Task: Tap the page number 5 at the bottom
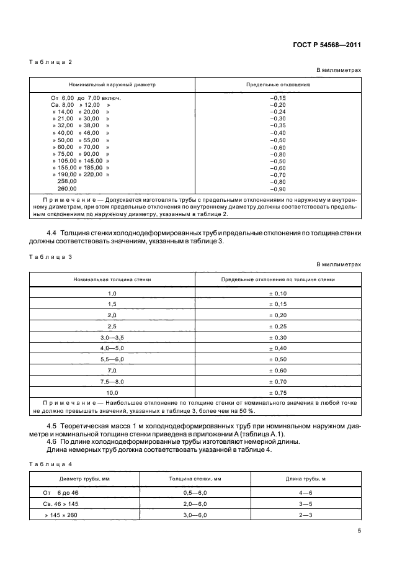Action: tap(359, 530)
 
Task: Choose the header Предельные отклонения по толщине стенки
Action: tap(278, 279)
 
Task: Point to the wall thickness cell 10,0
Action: tap(112, 393)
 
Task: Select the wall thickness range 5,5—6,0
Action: tap(112, 359)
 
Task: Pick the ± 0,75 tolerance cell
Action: tap(278, 393)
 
